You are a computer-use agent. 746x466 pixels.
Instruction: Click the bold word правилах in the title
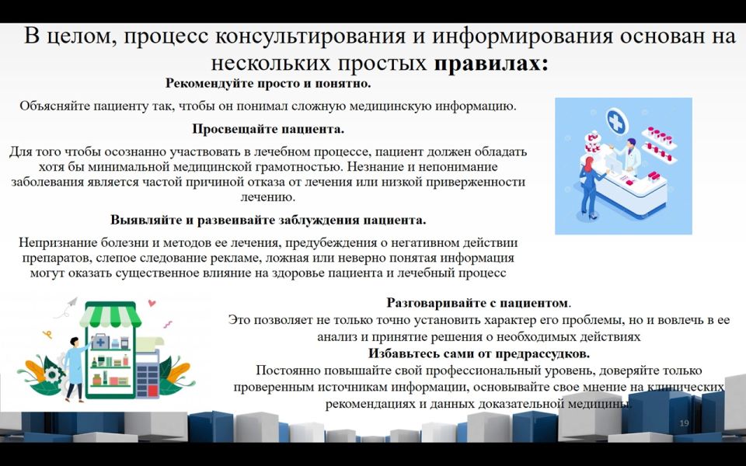coord(490,63)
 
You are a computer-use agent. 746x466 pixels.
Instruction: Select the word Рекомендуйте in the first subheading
coord(209,83)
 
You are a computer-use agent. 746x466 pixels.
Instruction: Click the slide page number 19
coord(684,423)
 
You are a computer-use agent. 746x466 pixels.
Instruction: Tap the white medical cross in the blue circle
coord(616,123)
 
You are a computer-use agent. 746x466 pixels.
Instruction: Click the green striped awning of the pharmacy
coord(110,315)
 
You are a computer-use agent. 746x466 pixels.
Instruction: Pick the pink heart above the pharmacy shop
coord(152,302)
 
